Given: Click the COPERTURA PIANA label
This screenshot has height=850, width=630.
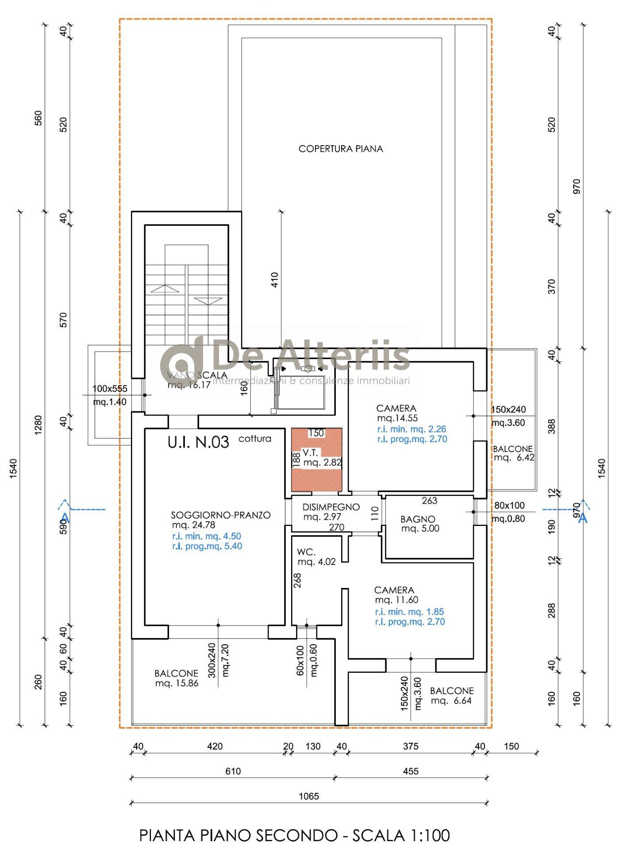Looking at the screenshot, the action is click(341, 149).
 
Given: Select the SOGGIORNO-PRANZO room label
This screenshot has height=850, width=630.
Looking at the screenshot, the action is click(221, 515).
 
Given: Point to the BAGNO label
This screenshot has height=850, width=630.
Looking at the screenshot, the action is click(418, 519).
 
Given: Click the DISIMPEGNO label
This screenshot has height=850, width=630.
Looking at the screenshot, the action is click(331, 507).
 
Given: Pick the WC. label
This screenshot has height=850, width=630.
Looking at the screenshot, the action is click(306, 552).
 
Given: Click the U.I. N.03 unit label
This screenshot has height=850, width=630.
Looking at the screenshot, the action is click(198, 442).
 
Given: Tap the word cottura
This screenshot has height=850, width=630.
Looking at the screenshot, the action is click(255, 439).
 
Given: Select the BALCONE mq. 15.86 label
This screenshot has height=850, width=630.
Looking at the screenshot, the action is click(177, 678).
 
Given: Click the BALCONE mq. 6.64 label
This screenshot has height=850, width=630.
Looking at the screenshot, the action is click(452, 695).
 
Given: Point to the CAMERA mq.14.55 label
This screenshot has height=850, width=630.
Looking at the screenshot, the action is click(397, 413).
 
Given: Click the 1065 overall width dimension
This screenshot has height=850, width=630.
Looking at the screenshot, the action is click(309, 796).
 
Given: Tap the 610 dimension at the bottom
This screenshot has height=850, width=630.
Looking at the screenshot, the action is click(233, 771).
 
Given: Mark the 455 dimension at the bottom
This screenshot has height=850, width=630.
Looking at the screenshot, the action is click(411, 771).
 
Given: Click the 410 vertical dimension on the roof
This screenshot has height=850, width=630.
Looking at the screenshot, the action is click(274, 280).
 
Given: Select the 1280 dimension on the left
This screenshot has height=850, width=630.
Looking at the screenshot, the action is click(38, 425).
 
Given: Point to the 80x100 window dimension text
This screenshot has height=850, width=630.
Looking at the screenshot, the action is click(509, 505).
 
